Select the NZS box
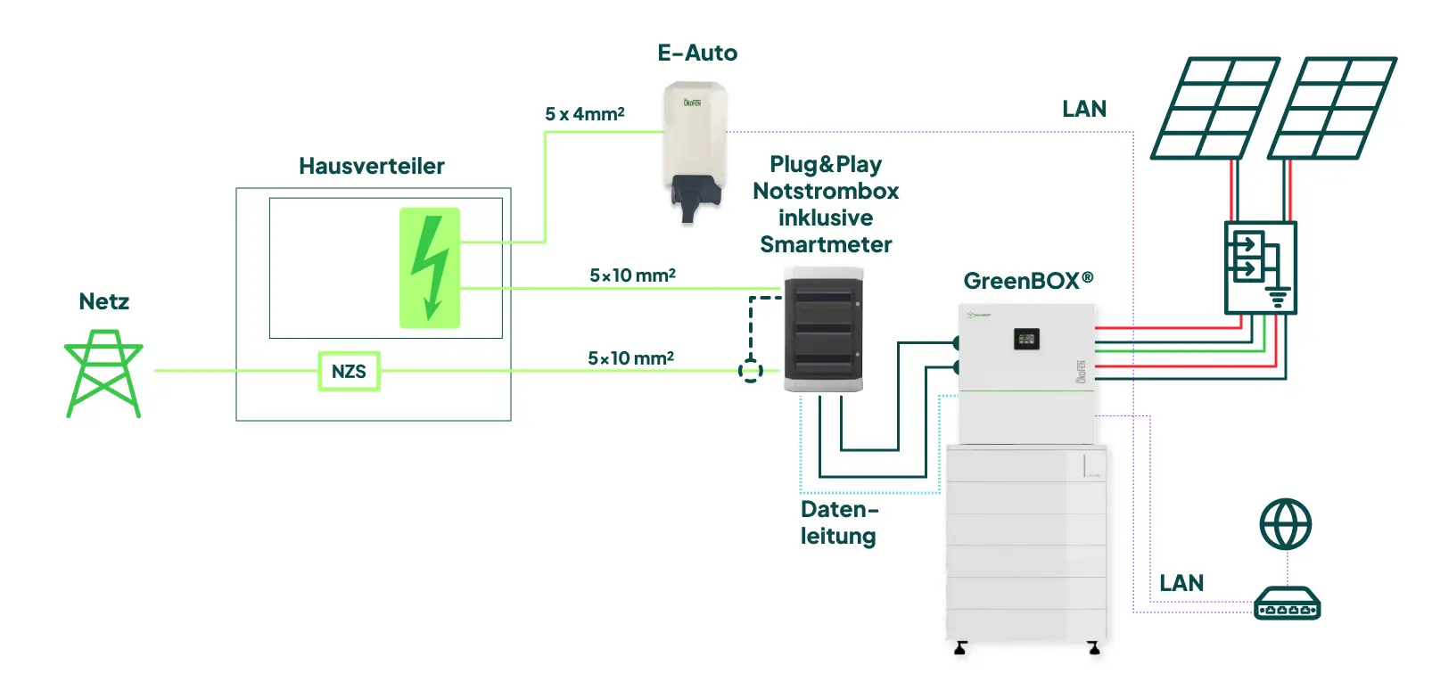pyautogui.click(x=349, y=371)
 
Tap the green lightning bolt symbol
pyautogui.click(x=430, y=267)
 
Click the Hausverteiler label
pyautogui.click(x=371, y=166)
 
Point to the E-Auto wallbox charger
pyautogui.click(x=695, y=147)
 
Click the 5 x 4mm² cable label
pyautogui.click(x=584, y=114)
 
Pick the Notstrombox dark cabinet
pyautogui.click(x=823, y=329)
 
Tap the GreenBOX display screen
pyautogui.click(x=1026, y=339)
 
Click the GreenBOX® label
pyautogui.click(x=1028, y=281)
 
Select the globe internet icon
pyautogui.click(x=1285, y=524)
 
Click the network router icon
pyautogui.click(x=1287, y=604)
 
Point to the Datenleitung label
pyautogui.click(x=838, y=522)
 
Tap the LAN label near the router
pyautogui.click(x=1181, y=583)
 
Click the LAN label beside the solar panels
pyautogui.click(x=1084, y=109)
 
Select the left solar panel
pyautogui.click(x=1214, y=109)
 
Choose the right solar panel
pyautogui.click(x=1332, y=109)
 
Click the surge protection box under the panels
pyautogui.click(x=1260, y=267)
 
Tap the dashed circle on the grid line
pyautogui.click(x=751, y=370)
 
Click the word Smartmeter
pyautogui.click(x=826, y=244)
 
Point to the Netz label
pyautogui.click(x=103, y=301)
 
